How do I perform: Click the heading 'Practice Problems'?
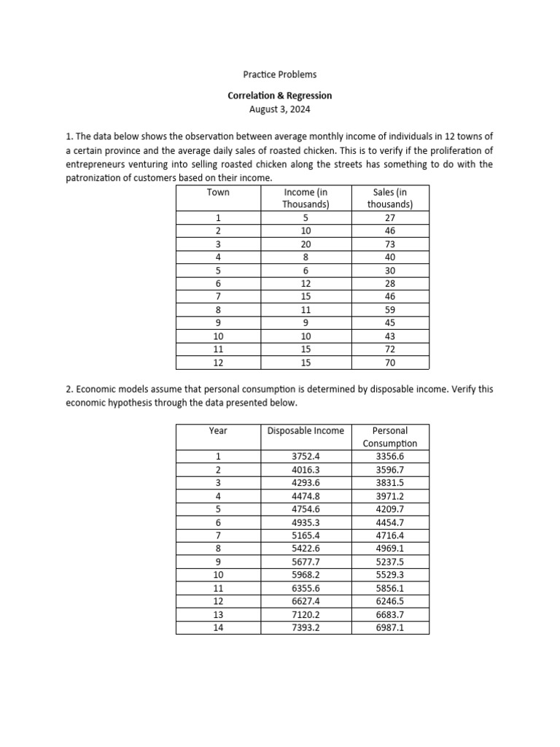click(280, 74)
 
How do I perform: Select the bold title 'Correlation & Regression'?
click(280, 96)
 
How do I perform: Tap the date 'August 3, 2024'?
click(280, 109)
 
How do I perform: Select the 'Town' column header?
click(218, 193)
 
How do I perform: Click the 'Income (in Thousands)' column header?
click(306, 198)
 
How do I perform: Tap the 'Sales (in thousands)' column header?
click(389, 198)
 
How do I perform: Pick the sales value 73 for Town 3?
click(389, 244)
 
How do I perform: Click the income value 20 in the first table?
click(306, 244)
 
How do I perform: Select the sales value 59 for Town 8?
click(389, 309)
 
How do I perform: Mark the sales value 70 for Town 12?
click(389, 362)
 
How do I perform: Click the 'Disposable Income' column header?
click(306, 431)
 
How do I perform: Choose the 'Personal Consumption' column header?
click(389, 437)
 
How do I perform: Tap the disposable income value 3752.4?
click(306, 457)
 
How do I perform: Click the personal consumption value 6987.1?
click(389, 627)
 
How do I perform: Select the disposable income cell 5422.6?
click(306, 548)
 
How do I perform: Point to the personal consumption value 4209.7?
click(389, 509)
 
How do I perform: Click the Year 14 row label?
click(218, 627)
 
